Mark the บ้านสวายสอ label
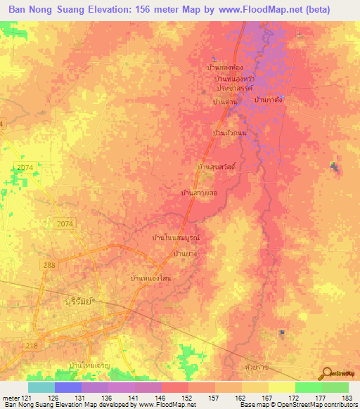pos(198,191)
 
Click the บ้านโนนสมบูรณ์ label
pos(176,238)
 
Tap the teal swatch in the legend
pos(41,387)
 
